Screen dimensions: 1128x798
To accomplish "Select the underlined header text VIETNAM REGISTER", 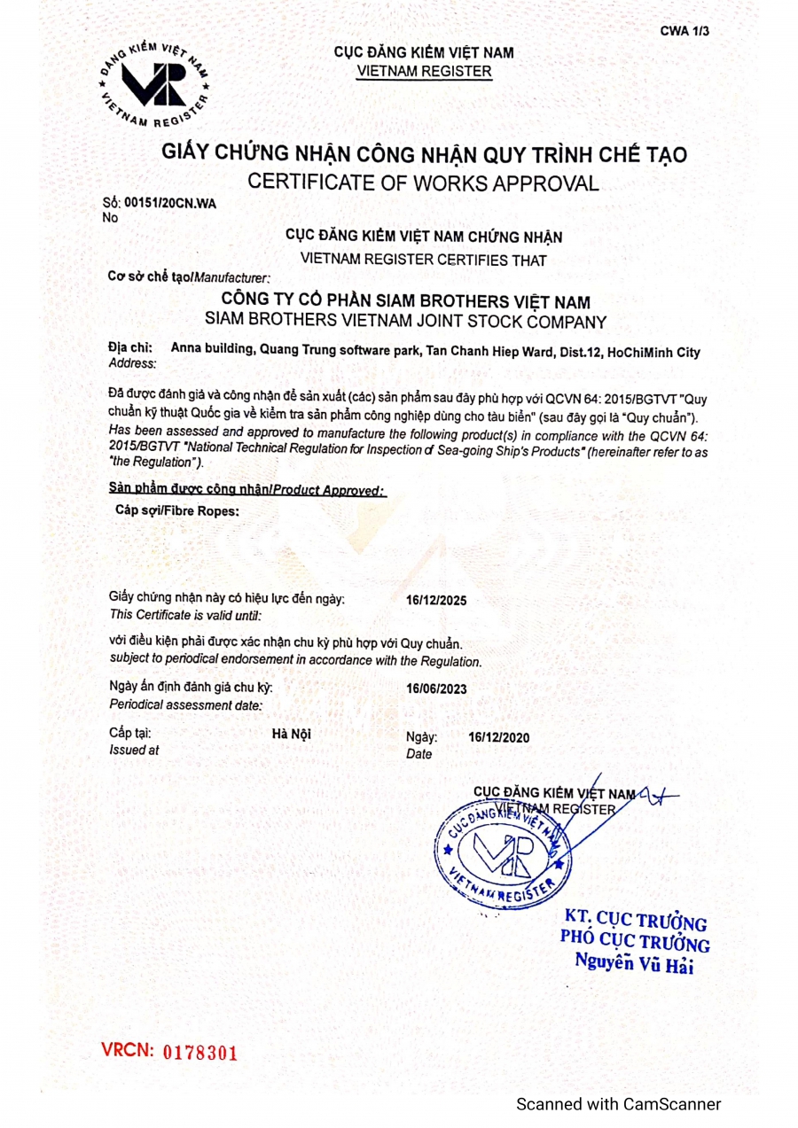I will click(424, 70).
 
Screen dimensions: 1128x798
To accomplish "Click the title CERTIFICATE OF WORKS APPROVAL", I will click(423, 183).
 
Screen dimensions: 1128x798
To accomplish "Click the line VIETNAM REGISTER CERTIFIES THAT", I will click(424, 260).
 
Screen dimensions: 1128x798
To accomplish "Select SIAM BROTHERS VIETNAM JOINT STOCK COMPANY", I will click(405, 320).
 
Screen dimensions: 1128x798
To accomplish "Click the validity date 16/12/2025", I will click(436, 600).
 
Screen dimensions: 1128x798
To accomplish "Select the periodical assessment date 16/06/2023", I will click(436, 688).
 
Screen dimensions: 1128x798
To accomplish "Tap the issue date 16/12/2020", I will click(499, 736).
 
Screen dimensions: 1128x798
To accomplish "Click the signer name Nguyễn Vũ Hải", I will click(633, 962).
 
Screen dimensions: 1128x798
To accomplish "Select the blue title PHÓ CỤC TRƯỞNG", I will click(634, 939).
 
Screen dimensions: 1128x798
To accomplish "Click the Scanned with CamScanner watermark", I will click(619, 1104).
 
